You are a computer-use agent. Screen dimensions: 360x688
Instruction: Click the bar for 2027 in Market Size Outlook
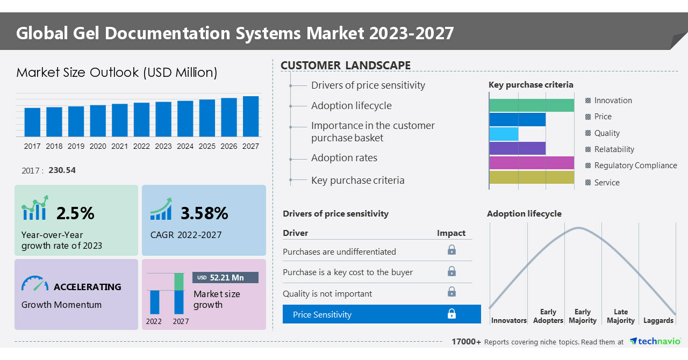(250, 117)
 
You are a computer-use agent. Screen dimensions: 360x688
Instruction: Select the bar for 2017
(32, 123)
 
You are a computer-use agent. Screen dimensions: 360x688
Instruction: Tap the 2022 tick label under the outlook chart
(141, 146)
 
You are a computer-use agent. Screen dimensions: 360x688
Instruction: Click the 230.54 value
(62, 170)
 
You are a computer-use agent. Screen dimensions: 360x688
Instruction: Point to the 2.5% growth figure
(75, 213)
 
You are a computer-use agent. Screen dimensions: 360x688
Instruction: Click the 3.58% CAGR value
(204, 213)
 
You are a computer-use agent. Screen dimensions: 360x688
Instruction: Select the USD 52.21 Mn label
(225, 277)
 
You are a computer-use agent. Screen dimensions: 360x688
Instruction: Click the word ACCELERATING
(87, 287)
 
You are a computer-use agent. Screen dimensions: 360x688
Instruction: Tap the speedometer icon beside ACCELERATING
(35, 284)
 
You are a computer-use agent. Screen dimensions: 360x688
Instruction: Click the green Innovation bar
(532, 105)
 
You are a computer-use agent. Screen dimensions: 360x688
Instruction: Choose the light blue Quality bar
(504, 134)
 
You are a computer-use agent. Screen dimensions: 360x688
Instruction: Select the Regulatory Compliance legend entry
(635, 165)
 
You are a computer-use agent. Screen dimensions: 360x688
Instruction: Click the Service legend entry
(606, 183)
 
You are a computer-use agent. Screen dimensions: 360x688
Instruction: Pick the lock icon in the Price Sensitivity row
(451, 314)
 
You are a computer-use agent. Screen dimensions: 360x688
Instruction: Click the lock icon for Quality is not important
(451, 292)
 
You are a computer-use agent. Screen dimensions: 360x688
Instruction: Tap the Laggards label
(658, 321)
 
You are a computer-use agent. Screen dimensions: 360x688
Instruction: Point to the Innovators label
(508, 321)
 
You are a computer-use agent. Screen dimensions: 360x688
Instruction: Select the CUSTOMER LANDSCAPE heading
(346, 66)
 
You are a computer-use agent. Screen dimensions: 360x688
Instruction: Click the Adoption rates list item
(344, 158)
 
